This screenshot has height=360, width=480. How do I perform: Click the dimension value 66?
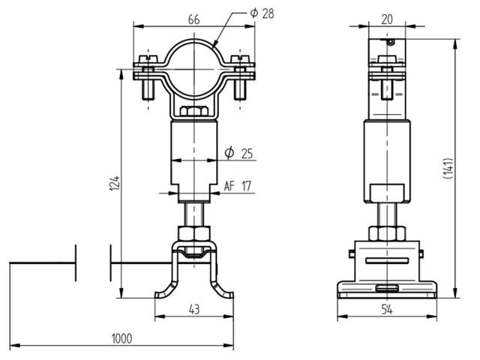(194, 19)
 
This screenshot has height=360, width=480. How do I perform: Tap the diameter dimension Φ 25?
(239, 154)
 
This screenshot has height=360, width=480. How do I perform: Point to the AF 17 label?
(238, 187)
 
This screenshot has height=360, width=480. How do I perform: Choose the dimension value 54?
(386, 309)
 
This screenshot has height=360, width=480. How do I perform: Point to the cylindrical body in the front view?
(194, 154)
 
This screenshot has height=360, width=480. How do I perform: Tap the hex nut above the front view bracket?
(194, 232)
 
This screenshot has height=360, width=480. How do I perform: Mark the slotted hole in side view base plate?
(386, 288)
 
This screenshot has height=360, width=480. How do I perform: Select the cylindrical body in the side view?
(386, 157)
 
